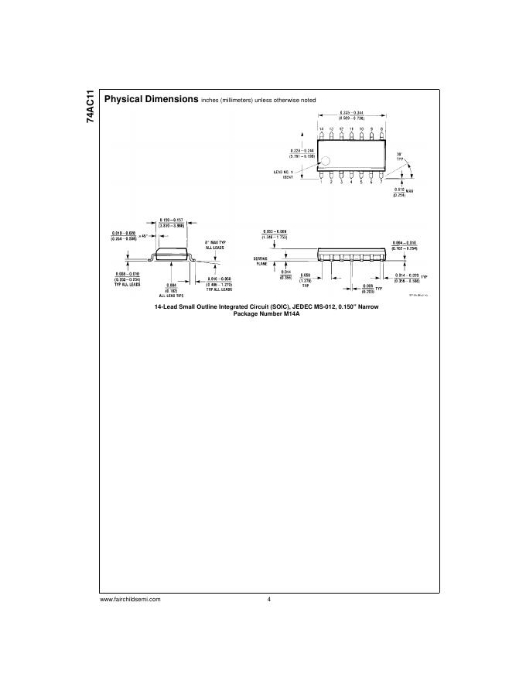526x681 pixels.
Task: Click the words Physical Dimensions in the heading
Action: tap(151, 100)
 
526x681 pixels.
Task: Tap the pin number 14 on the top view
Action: tap(322, 128)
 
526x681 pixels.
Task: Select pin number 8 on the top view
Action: tap(381, 128)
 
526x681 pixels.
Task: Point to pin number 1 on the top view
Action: tap(322, 182)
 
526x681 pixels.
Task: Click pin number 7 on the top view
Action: tap(381, 182)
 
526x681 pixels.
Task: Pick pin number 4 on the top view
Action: tap(351, 182)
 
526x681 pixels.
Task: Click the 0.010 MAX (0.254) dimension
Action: tap(400, 192)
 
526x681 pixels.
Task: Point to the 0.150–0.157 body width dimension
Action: tap(171, 222)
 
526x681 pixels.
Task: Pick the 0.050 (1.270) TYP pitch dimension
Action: tap(327, 281)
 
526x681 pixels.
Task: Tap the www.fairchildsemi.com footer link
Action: tap(130, 601)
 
